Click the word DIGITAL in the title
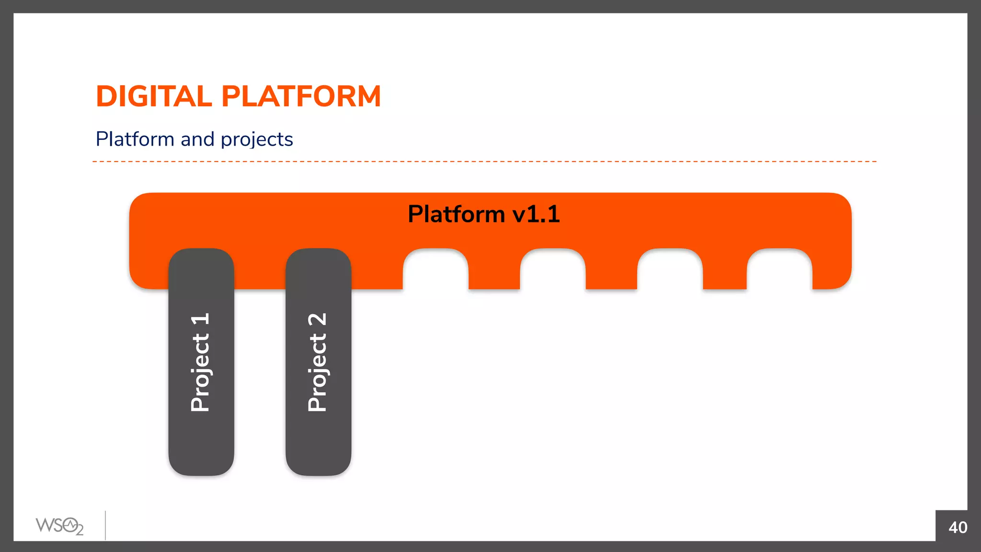[154, 96]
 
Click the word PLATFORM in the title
[301, 96]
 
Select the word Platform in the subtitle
[135, 139]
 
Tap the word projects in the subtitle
[257, 140]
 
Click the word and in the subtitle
[197, 139]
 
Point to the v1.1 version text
[536, 214]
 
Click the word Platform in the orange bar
[456, 214]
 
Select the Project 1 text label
[200, 362]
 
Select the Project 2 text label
[318, 362]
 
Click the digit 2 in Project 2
[318, 320]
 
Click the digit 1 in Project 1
[200, 319]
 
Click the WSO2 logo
[59, 526]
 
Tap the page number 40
[958, 527]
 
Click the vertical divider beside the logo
[105, 525]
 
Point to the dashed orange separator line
[484, 161]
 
